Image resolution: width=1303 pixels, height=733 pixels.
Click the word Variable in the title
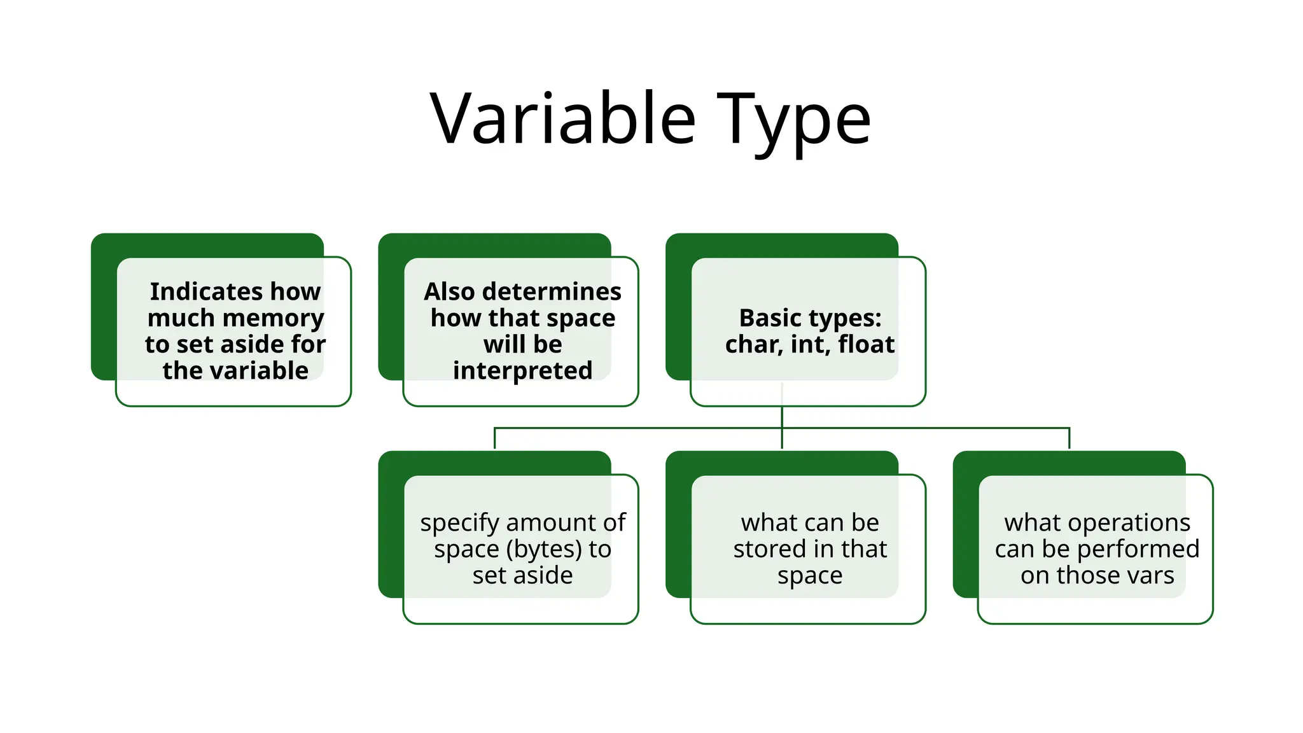563,119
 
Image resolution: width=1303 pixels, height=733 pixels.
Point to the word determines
552,291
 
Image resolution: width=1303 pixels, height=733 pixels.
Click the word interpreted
522,370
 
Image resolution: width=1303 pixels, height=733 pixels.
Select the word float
866,344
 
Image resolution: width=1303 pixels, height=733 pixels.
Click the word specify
459,524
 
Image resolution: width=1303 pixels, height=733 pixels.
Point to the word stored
769,549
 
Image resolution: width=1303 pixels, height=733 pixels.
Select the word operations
1129,524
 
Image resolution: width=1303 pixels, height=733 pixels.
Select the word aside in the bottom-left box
543,575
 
